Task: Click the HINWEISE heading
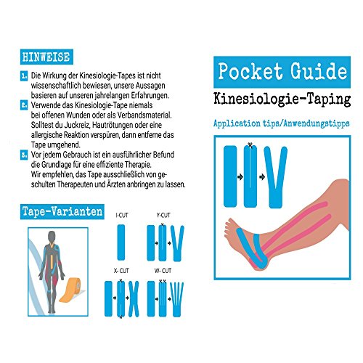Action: pyautogui.click(x=46, y=57)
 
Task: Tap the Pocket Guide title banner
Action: pyautogui.click(x=282, y=72)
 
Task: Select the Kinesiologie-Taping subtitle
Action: pyautogui.click(x=282, y=99)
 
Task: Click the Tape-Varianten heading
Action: pyautogui.click(x=62, y=211)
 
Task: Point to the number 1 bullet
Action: pyautogui.click(x=24, y=76)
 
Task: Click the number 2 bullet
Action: pyautogui.click(x=24, y=105)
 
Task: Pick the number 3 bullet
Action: pyautogui.click(x=24, y=155)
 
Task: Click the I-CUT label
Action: pyautogui.click(x=122, y=215)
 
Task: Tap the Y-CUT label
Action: pyautogui.click(x=163, y=215)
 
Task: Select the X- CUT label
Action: pyautogui.click(x=121, y=271)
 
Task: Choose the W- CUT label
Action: pyautogui.click(x=163, y=271)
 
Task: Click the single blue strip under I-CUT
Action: pyautogui.click(x=121, y=242)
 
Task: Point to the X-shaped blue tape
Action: pyautogui.click(x=134, y=299)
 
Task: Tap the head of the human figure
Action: pyautogui.click(x=52, y=237)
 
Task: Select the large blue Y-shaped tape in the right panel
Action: pyautogui.click(x=276, y=176)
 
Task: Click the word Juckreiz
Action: pyautogui.click(x=78, y=125)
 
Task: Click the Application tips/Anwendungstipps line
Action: pyautogui.click(x=282, y=123)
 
